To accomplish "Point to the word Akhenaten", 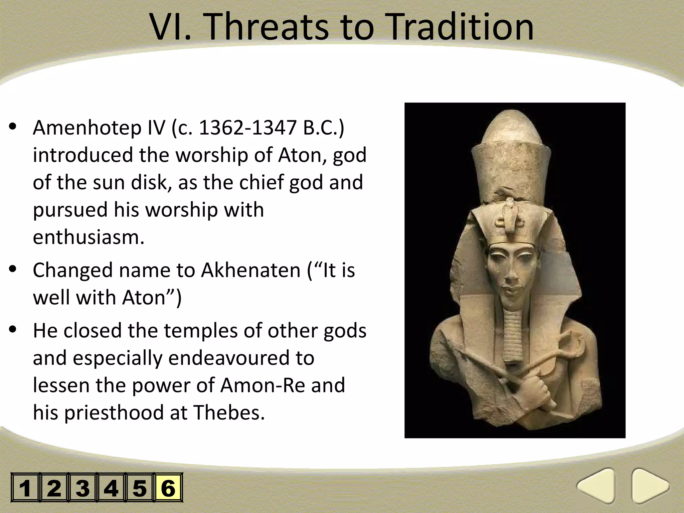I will tap(250, 270).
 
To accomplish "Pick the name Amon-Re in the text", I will tap(263, 385).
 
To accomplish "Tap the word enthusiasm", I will tap(89, 237).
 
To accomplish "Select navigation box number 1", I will tap(25, 488).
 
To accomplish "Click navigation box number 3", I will tap(82, 488).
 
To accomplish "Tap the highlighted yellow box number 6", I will tap(168, 488).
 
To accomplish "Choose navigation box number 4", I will tap(111, 488).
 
